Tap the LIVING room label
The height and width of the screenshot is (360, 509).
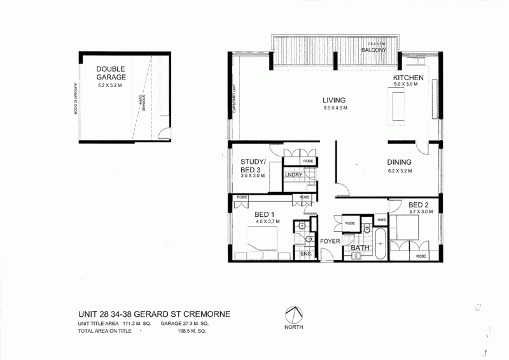pos(333,100)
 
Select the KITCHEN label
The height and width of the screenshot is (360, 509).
pos(408,78)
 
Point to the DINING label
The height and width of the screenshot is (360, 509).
pos(398,162)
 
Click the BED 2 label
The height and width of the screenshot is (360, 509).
pos(421,205)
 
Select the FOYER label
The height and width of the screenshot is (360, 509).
pos(330,242)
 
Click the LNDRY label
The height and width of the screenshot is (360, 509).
pos(293,175)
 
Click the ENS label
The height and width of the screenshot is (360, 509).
pos(305,254)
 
